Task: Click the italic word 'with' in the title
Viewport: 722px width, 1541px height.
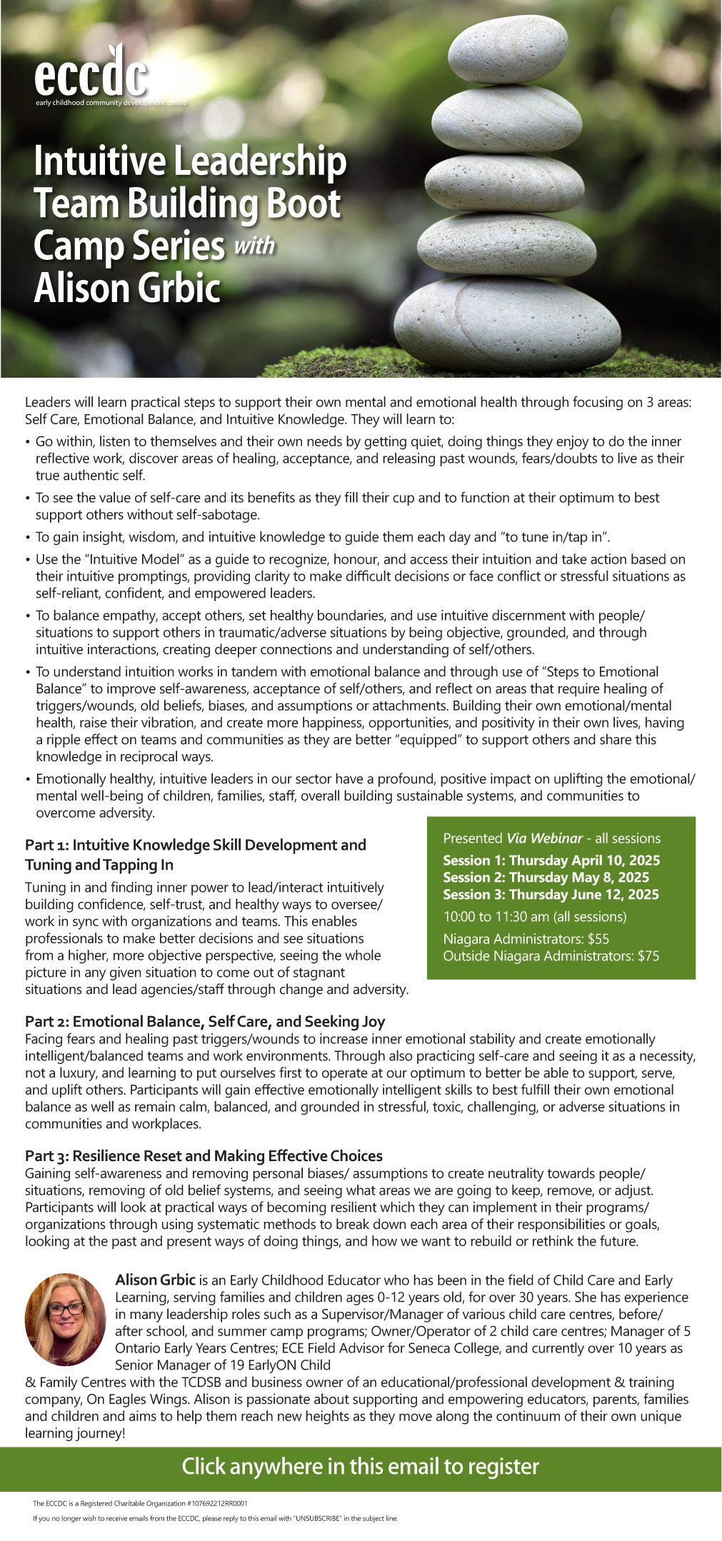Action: click(x=254, y=246)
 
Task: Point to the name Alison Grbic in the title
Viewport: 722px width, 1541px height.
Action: click(x=127, y=288)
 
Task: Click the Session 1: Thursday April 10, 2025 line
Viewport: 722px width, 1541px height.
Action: click(x=551, y=860)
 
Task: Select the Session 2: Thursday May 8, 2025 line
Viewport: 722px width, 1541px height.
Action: click(x=546, y=878)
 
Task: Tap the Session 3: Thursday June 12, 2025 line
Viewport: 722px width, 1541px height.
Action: click(x=551, y=895)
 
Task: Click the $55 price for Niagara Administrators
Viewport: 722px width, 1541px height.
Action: click(x=598, y=939)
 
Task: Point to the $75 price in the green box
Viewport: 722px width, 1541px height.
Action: click(x=648, y=956)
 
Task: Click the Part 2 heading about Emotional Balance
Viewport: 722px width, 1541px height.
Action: click(x=205, y=1022)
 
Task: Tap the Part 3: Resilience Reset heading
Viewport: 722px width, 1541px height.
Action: click(x=204, y=1156)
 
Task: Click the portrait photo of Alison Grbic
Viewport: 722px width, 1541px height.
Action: click(x=66, y=1319)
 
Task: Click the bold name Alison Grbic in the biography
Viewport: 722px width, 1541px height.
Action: click(x=155, y=1280)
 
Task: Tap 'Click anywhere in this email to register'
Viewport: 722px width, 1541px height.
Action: click(x=361, y=1467)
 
